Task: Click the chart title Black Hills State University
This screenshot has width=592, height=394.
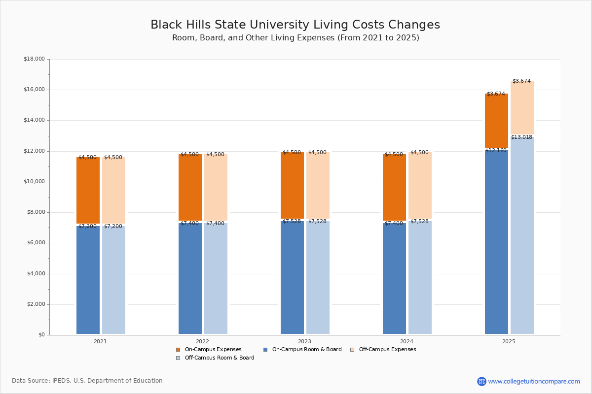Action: pos(295,25)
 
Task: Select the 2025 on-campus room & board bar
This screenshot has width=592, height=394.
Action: pos(496,241)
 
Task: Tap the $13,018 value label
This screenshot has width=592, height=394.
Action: pos(521,137)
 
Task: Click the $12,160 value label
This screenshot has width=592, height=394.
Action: pos(496,151)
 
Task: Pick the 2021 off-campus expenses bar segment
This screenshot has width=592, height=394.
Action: pos(113,190)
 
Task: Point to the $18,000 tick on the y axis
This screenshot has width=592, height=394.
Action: pos(34,59)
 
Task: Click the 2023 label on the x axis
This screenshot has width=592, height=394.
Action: pos(304,341)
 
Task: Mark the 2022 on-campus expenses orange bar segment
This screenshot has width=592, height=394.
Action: pos(190,187)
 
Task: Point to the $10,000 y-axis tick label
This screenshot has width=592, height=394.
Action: pos(34,182)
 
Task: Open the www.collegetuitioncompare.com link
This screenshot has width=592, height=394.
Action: pos(534,381)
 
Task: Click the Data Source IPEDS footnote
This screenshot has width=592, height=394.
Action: pos(87,381)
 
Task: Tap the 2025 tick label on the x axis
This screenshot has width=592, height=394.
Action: pos(509,341)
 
